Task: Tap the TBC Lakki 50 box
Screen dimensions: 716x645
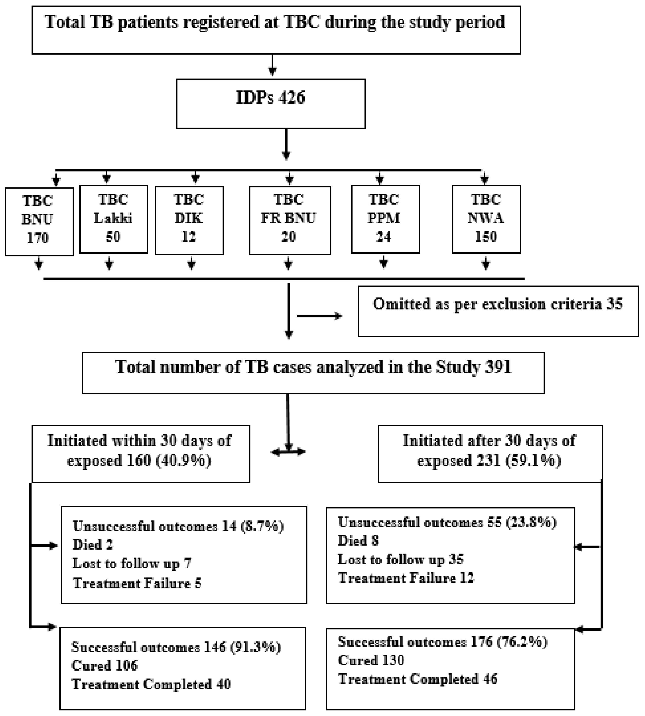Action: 114,219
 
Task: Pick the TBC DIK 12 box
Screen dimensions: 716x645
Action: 189,220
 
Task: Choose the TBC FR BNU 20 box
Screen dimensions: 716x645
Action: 290,220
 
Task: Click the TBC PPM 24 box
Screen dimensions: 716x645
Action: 385,219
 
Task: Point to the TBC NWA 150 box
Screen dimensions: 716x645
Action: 486,219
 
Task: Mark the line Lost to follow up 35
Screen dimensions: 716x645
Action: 400,559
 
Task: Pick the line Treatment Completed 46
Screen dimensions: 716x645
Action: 418,679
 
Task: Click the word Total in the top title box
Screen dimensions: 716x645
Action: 64,22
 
